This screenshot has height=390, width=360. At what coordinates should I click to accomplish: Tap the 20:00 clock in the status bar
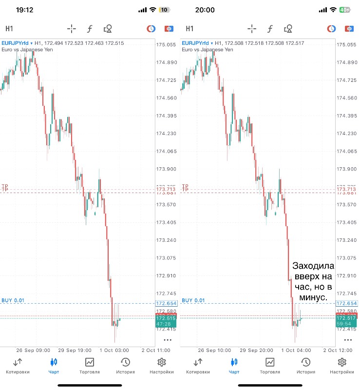pos(205,10)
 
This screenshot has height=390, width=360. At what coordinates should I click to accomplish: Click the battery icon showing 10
pos(164,10)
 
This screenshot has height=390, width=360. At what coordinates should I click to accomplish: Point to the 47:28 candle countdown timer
pos(163,324)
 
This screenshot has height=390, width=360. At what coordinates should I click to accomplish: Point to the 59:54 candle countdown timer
pos(343,324)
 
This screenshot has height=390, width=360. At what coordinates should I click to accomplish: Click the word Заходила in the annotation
pos(313,266)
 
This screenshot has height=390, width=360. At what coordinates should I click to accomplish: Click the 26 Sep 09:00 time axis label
pos(34,350)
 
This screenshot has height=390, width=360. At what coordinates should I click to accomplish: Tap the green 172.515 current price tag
pos(163,318)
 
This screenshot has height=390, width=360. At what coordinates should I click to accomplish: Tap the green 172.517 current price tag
pos(343,318)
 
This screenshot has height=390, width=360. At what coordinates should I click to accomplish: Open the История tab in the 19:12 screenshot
pos(125,366)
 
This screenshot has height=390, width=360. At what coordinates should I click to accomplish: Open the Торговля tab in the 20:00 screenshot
pos(269,366)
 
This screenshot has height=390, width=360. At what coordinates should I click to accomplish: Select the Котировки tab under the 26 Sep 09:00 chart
pos(18,366)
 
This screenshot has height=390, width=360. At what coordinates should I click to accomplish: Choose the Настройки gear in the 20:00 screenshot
pos(342,366)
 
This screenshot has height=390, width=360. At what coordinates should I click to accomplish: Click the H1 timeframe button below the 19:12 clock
pos(9,29)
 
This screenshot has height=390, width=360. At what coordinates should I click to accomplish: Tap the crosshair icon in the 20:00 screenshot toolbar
pos(251,29)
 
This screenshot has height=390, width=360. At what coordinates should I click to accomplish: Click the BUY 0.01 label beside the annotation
pos(192,300)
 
